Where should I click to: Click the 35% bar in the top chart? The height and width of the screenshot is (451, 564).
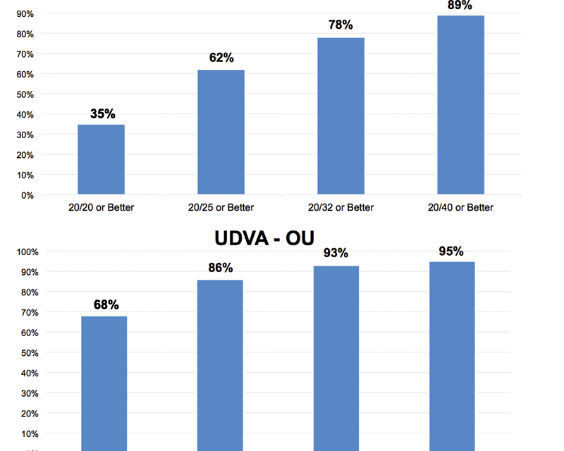(101, 159)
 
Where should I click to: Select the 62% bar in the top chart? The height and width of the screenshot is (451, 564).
(221, 132)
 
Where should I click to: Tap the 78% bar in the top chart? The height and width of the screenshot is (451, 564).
(341, 116)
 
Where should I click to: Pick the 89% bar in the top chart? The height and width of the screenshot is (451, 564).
(461, 105)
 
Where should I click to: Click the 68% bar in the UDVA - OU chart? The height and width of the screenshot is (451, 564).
(104, 383)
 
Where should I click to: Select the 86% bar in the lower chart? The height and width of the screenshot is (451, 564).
(220, 366)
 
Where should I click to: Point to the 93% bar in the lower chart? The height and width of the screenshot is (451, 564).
(336, 358)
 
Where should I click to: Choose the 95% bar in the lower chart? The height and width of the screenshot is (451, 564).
(452, 357)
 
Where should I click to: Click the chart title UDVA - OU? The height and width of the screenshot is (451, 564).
(264, 238)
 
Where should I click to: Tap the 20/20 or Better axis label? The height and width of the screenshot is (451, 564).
(101, 207)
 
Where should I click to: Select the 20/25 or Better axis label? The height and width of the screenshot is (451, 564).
(221, 207)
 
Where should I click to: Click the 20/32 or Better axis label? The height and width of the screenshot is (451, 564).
(341, 207)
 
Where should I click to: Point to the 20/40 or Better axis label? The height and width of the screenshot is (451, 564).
(460, 207)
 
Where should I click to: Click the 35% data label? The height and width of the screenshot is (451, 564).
(102, 113)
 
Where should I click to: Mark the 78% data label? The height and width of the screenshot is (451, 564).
(341, 25)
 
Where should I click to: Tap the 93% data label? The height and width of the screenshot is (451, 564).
(336, 253)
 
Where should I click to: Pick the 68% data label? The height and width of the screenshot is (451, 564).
(106, 304)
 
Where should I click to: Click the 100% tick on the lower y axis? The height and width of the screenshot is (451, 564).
(27, 252)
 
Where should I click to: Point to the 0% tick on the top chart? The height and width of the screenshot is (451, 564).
(27, 196)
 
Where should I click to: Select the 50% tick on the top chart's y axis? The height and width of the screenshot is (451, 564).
(25, 94)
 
